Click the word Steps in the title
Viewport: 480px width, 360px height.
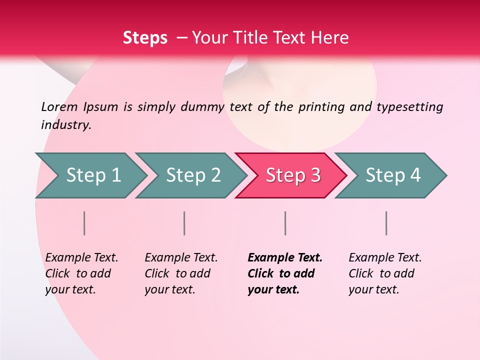click(145, 38)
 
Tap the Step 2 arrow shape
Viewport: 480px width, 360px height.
click(192, 175)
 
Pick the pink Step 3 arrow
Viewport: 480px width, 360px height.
click(292, 175)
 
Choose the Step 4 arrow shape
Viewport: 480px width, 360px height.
click(392, 175)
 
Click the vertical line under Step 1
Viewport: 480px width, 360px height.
click(84, 223)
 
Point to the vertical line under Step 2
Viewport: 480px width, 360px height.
click(184, 223)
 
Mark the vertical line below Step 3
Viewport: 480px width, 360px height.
click(285, 223)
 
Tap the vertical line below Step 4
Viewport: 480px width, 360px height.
click(386, 223)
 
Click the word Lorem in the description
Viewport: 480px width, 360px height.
click(59, 107)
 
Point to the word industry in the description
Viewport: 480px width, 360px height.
click(65, 125)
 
